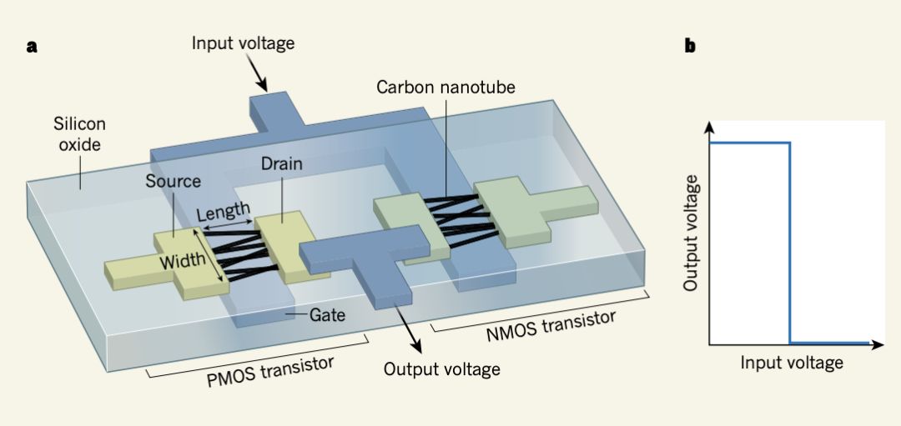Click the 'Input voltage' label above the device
(x=243, y=43)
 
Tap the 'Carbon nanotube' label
(x=445, y=87)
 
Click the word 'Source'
(x=173, y=181)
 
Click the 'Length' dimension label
(x=223, y=212)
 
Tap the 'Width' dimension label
(x=183, y=260)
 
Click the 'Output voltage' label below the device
(x=441, y=368)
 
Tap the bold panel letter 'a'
(x=32, y=47)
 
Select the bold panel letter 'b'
(x=690, y=47)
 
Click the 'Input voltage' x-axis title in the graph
(x=792, y=363)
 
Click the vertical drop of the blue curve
(x=789, y=242)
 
